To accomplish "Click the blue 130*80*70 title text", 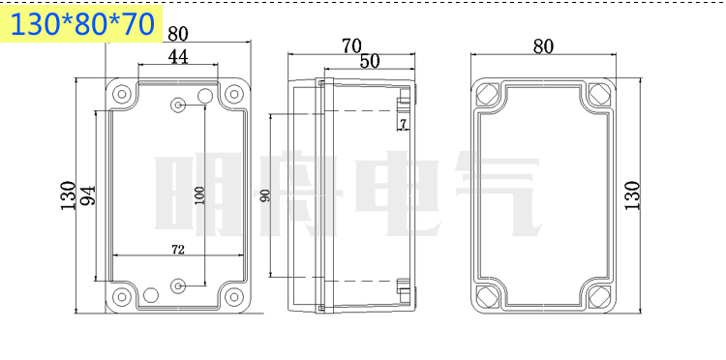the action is (82, 24).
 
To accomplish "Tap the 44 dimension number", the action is (178, 56).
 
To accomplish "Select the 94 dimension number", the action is (87, 195).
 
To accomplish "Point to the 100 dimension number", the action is (199, 195).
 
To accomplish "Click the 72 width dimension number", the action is (178, 250).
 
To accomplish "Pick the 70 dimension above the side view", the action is (351, 45).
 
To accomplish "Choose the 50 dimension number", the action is (370, 61).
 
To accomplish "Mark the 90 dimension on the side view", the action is (265, 196).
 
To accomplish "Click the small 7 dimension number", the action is (403, 124).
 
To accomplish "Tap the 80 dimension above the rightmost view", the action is (543, 46).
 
